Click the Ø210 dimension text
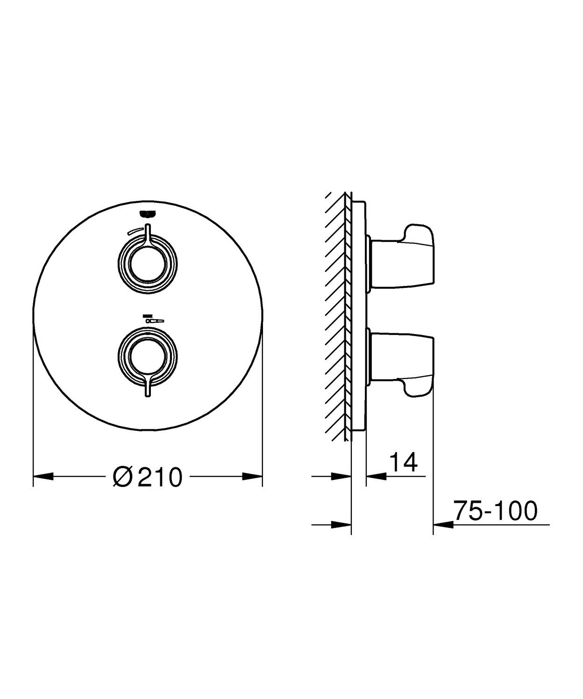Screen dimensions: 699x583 (x=147, y=477)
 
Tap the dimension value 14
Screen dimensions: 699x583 (x=402, y=462)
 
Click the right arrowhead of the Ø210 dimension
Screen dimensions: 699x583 (x=252, y=477)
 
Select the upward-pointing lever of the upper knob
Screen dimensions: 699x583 (x=148, y=234)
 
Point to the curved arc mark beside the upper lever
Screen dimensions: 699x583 (x=135, y=230)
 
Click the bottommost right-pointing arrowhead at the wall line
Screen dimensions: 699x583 (x=341, y=524)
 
